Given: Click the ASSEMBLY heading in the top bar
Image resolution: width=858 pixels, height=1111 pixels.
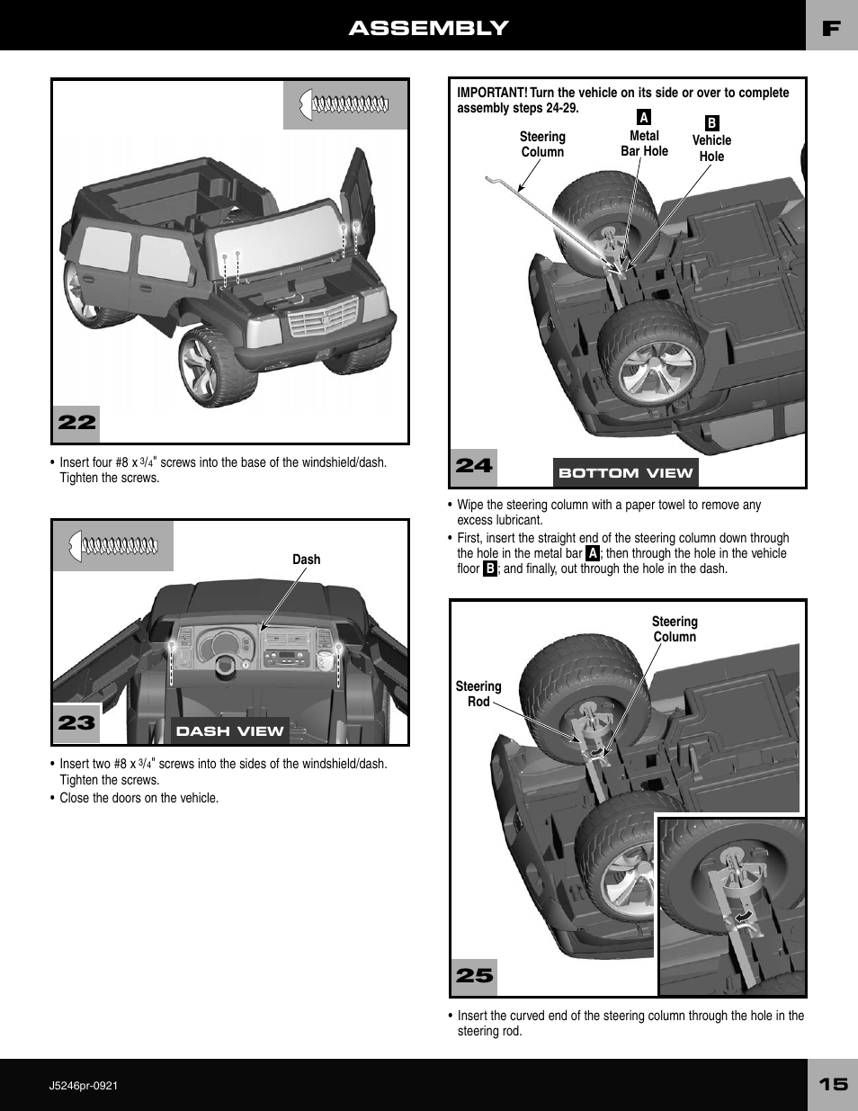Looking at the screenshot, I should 428,28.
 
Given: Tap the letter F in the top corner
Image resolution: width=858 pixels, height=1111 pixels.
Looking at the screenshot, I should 831,28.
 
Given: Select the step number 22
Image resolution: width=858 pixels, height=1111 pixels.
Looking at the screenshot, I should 76,422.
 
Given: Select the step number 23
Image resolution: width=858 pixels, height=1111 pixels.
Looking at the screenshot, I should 76,722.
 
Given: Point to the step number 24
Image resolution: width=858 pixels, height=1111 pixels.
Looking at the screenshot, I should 474,465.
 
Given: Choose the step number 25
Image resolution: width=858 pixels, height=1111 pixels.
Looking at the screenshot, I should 474,975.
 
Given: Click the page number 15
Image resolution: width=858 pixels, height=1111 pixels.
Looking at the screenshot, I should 832,1084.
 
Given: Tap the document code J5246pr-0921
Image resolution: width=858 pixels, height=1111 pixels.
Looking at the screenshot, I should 84,1085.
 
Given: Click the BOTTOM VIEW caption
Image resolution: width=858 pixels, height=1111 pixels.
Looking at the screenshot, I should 625,472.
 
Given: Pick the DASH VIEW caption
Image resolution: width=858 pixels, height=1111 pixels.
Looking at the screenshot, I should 229,730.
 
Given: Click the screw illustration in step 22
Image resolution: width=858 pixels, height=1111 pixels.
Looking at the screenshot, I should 345,104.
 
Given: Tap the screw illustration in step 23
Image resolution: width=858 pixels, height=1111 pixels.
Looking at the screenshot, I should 113,545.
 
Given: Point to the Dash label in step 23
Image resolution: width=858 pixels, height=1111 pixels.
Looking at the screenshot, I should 306,560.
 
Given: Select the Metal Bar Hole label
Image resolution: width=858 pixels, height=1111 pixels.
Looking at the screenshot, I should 644,143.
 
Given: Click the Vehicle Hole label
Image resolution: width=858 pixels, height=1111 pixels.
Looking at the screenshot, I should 711,148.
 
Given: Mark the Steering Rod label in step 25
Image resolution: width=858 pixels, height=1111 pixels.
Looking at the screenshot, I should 478,694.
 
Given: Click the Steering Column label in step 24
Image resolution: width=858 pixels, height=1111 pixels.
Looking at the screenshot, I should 542,144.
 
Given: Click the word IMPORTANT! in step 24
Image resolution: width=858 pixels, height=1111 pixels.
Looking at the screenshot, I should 492,93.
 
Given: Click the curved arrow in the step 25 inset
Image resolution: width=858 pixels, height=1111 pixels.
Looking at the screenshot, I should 744,916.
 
